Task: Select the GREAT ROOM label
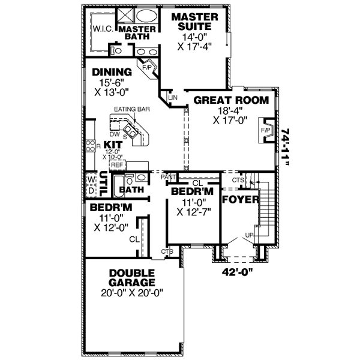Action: click(230, 100)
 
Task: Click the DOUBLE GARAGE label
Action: click(132, 277)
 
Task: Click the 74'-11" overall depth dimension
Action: click(288, 151)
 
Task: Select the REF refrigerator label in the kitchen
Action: click(117, 164)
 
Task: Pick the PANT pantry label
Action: click(167, 177)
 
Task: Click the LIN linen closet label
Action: click(174, 97)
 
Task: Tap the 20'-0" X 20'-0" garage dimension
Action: click(132, 293)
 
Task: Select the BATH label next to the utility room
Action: click(131, 190)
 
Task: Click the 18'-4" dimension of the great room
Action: click(230, 110)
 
